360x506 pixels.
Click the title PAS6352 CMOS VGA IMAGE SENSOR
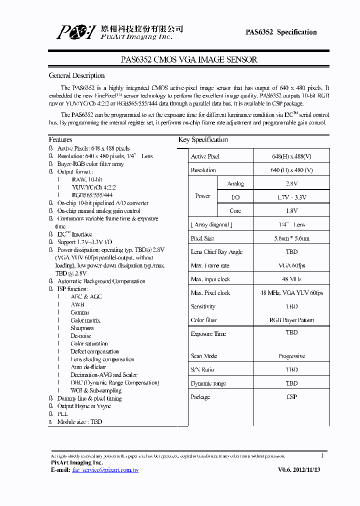pos(189,59)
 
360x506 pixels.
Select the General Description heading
pos(76,75)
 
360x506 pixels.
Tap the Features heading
pos(60,139)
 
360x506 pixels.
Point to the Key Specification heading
pos(203,139)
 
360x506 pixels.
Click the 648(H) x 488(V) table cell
pos(291,156)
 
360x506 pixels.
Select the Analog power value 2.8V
pos(291,184)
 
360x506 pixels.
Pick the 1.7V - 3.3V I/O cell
pos(291,197)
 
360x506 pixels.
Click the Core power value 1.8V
pos(291,211)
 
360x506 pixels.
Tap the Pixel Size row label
pos(202,238)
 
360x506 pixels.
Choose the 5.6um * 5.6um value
pos(291,238)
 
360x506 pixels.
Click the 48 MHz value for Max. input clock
pos(291,279)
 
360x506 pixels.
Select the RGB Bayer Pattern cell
pos(291,320)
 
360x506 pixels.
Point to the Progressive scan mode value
pos(291,356)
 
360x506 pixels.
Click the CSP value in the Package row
pos(291,397)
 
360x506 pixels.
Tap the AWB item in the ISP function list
pos(77,304)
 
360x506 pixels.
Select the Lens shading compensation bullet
pos(102,359)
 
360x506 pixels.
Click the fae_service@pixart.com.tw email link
pos(105,470)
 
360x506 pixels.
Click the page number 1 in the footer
pos(322,455)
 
